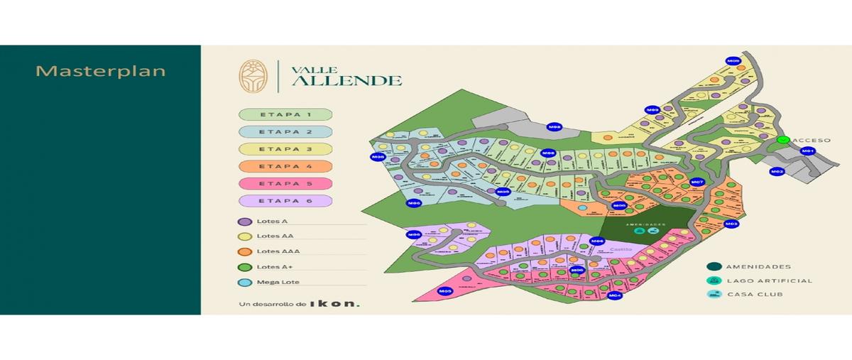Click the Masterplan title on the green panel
coord(100,72)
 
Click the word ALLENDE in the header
coord(347,80)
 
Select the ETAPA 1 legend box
coord(286,114)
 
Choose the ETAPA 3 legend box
coord(286,149)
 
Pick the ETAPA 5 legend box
coord(286,183)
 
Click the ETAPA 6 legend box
coord(286,201)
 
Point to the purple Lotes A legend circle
coord(245,222)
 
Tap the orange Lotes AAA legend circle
coord(245,251)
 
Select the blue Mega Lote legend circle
coord(245,283)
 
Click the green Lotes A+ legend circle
coord(245,267)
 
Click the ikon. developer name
coord(334,304)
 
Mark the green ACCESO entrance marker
coord(783,140)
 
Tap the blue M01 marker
coord(807,151)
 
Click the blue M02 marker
coord(777,172)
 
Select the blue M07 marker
coord(697,182)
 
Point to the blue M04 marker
coord(615,295)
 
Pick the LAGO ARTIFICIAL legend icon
coord(713,280)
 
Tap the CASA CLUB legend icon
coord(713,294)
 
